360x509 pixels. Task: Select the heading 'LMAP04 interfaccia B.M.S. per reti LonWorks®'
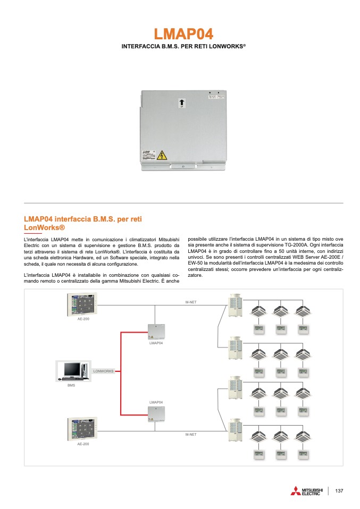[82, 223]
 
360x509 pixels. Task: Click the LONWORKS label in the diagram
[104, 371]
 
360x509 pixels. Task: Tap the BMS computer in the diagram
[72, 371]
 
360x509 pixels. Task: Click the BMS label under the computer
[71, 385]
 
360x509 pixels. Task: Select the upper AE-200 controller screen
[83, 305]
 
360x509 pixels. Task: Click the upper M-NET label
[191, 302]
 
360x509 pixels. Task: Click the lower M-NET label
[191, 435]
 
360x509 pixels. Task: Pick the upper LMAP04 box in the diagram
[156, 332]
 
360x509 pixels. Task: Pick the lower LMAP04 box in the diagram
[156, 414]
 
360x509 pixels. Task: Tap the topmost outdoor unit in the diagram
[235, 307]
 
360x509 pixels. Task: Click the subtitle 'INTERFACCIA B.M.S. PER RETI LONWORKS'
[183, 47]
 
